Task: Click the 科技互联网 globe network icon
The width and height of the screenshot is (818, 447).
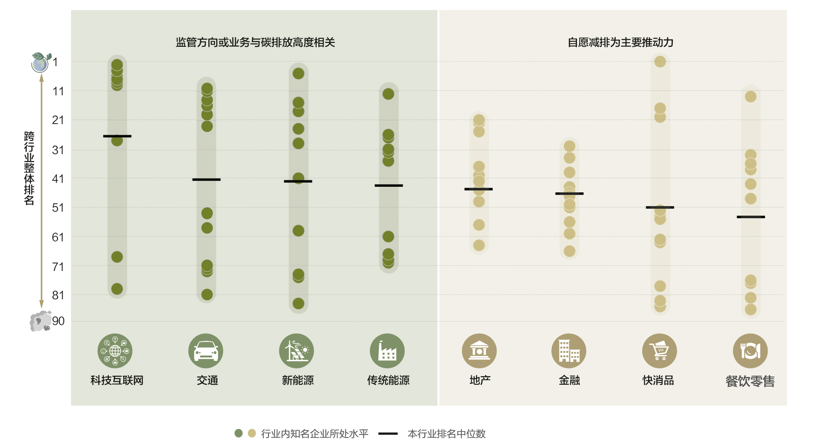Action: pos(115,351)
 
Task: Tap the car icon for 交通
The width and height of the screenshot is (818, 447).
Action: pos(206,351)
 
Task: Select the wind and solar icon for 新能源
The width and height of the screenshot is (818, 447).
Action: pos(296,351)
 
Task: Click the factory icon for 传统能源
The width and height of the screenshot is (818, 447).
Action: pos(387,351)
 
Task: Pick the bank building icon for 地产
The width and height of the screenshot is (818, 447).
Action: pos(479,351)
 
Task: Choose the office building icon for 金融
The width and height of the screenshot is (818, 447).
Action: pos(569,351)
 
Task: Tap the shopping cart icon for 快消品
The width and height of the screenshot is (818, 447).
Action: pos(659,351)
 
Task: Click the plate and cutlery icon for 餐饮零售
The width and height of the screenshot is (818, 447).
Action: pos(750,351)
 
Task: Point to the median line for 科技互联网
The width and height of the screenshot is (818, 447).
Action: pos(117,136)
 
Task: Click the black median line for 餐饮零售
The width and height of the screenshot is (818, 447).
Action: pos(751,217)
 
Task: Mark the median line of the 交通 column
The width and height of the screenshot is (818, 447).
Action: pos(206,179)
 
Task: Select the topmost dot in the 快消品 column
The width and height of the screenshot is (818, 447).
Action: pos(660,61)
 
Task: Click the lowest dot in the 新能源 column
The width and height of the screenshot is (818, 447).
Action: pos(299,304)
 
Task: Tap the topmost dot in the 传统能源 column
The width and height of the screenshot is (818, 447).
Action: pos(388,94)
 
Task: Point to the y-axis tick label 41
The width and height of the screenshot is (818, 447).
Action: pos(58,179)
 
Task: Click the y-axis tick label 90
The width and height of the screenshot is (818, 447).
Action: pos(58,321)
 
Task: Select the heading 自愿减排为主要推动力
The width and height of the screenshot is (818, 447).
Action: pos(620,42)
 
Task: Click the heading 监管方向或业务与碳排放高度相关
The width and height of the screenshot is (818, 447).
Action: pos(255,42)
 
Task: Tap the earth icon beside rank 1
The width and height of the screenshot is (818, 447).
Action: pos(40,63)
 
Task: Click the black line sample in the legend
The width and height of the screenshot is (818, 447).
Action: pos(388,434)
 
